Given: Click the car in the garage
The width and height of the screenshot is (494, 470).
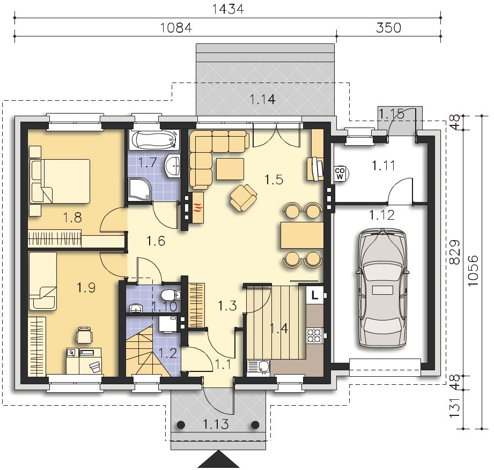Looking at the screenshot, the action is tap(382, 288).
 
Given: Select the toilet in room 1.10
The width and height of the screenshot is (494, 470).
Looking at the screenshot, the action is tap(170, 295).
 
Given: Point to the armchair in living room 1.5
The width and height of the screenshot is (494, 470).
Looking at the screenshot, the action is tap(243, 197).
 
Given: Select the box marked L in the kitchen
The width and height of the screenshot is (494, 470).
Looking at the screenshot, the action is tap(314, 295).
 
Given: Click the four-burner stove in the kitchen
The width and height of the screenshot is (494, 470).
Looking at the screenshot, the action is tap(314, 335).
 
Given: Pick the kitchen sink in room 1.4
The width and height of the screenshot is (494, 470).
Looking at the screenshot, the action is tap(258, 367).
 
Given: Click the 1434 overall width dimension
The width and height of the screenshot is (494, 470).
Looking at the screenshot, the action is tap(228, 9).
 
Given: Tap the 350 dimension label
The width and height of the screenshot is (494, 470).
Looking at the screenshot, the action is tap(388, 28).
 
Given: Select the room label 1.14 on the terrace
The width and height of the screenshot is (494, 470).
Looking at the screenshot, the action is tap(262, 100).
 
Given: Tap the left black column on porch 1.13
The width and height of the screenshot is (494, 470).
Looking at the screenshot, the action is tap(181, 424).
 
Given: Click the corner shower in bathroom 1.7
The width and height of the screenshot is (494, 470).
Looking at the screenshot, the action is tap(140, 189).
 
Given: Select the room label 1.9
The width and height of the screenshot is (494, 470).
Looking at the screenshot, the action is tap(86, 287).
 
